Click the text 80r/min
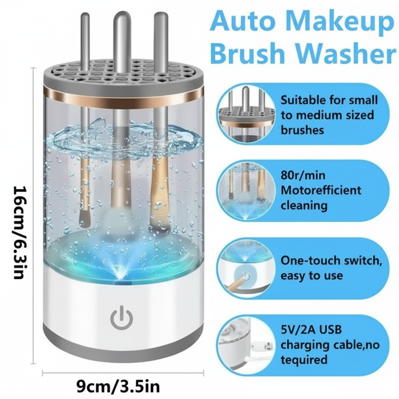(x=302, y=175)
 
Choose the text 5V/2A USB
(x=311, y=330)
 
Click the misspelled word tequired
(x=304, y=359)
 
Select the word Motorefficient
(x=321, y=190)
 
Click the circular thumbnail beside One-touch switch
(x=245, y=268)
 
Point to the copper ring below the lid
(x=123, y=95)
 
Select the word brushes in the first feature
(x=302, y=130)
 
